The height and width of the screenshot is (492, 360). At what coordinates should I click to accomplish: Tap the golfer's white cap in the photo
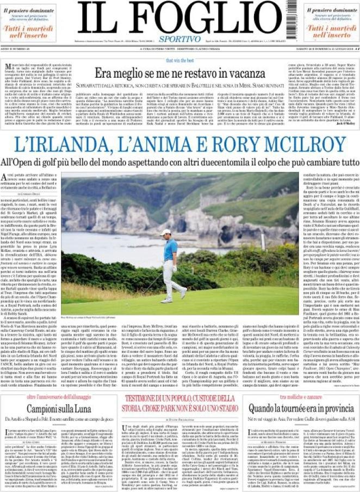(x=165, y=232)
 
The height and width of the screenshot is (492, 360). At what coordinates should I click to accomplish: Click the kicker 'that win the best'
(x=180, y=60)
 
